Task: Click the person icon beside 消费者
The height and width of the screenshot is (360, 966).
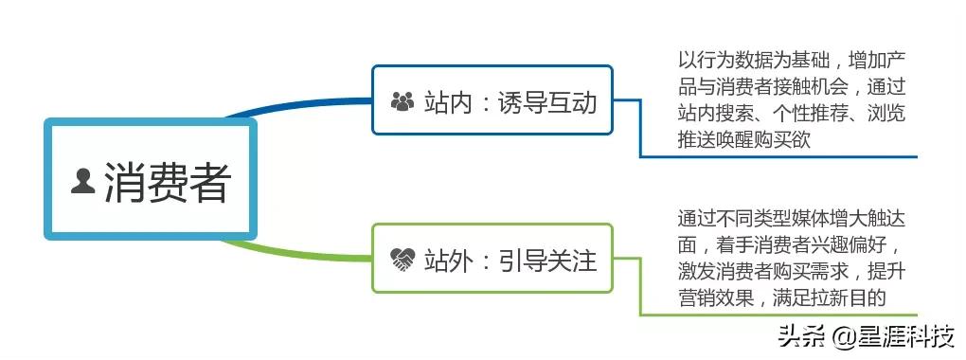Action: (x=83, y=180)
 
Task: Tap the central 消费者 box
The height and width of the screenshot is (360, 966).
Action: (x=151, y=180)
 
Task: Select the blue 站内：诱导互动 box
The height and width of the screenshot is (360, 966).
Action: (x=492, y=99)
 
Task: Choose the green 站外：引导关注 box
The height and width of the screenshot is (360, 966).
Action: (x=492, y=258)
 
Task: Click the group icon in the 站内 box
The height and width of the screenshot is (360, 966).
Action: (x=402, y=100)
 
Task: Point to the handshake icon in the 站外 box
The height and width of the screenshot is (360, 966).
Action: (x=402, y=259)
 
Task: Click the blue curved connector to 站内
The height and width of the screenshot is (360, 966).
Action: (x=303, y=105)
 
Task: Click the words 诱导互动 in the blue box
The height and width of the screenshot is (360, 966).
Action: (x=546, y=100)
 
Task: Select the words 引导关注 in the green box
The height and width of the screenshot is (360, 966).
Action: (x=546, y=259)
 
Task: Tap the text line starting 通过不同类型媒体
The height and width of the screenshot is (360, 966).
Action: (x=792, y=217)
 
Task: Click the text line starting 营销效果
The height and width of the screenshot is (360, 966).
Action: (x=781, y=297)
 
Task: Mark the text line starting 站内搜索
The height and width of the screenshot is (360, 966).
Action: (x=792, y=114)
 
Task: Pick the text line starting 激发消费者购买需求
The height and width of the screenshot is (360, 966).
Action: (x=792, y=271)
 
